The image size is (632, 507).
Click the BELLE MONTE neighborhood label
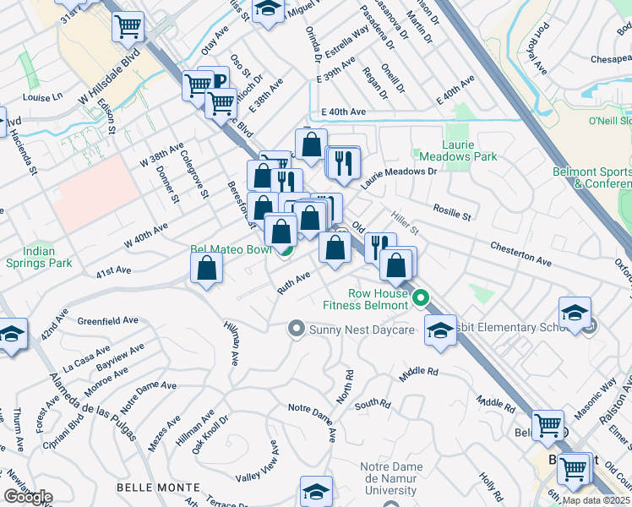[x=158, y=488]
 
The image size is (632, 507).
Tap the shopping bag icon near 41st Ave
[x=206, y=270]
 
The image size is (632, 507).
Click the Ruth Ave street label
[x=295, y=283]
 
